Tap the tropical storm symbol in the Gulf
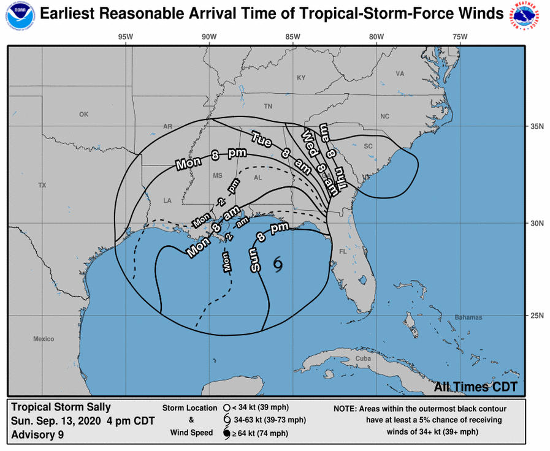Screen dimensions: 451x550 coord(278,263)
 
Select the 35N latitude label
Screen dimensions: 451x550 coord(538,127)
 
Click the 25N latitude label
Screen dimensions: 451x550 coord(538,316)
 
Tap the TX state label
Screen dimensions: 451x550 coord(42,185)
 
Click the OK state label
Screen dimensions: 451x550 coord(84,115)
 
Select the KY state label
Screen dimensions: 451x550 coord(301,78)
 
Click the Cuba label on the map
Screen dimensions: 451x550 coord(364,358)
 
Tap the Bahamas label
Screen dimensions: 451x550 coord(468,317)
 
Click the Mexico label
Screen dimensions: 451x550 coord(44,339)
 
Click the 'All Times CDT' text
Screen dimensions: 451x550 coord(476,387)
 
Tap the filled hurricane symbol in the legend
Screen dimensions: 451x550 coord(226,433)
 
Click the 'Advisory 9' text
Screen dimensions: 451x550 coord(37,435)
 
